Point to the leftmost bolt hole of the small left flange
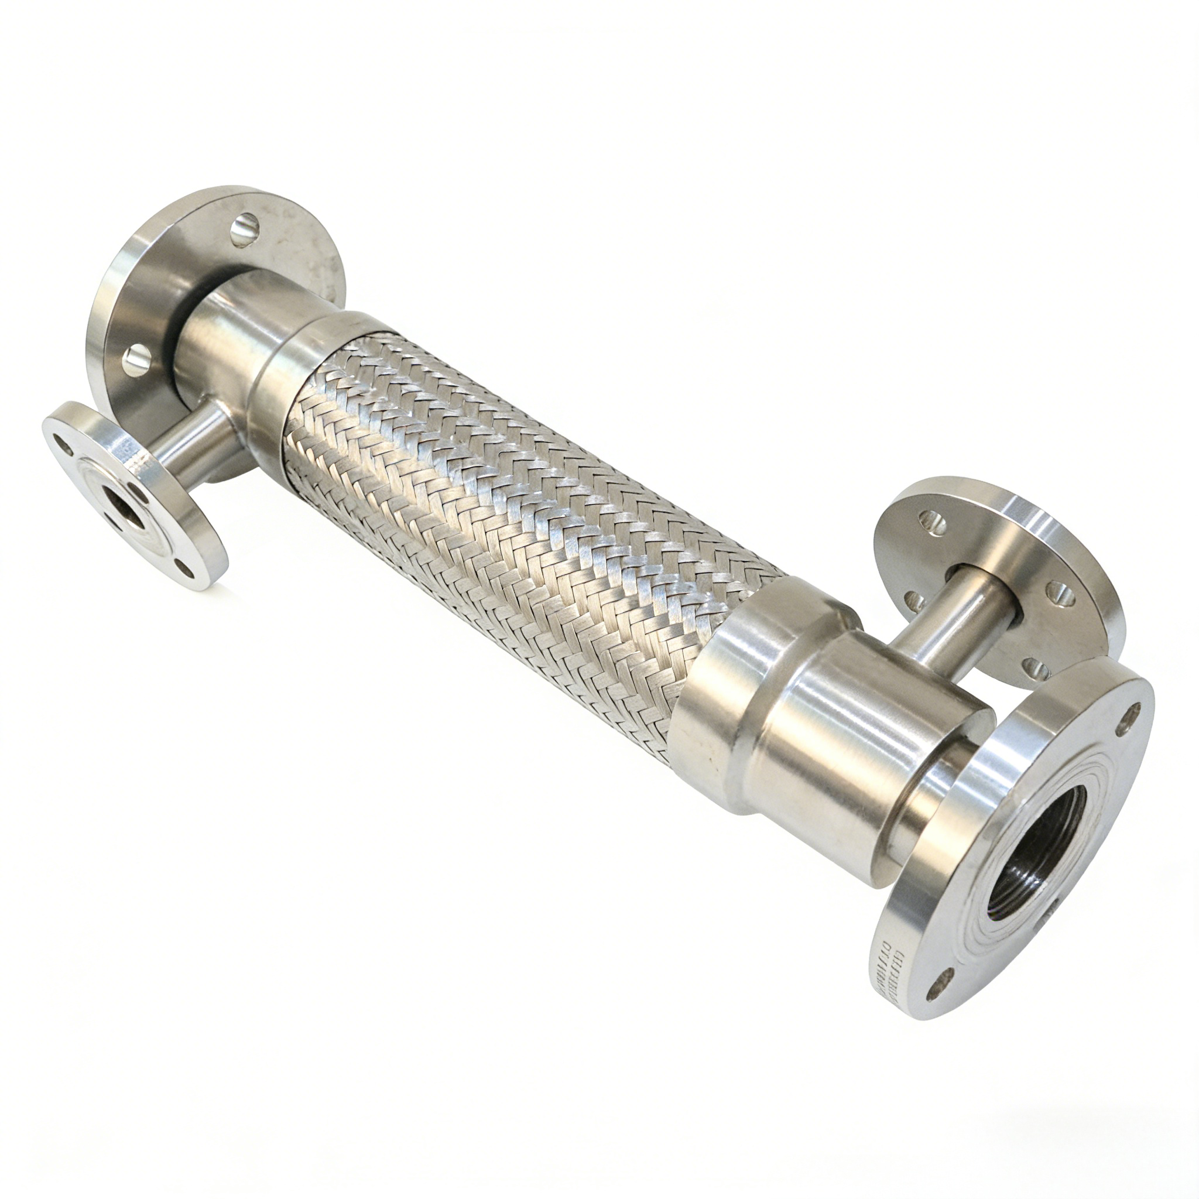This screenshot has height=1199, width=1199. click(x=60, y=441)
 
